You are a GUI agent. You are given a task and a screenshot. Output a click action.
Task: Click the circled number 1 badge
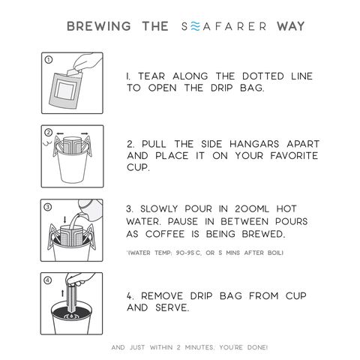tap(47, 58)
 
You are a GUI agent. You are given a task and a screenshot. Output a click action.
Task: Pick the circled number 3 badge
tap(47, 206)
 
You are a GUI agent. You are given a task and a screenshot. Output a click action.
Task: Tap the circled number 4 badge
tap(47, 282)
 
